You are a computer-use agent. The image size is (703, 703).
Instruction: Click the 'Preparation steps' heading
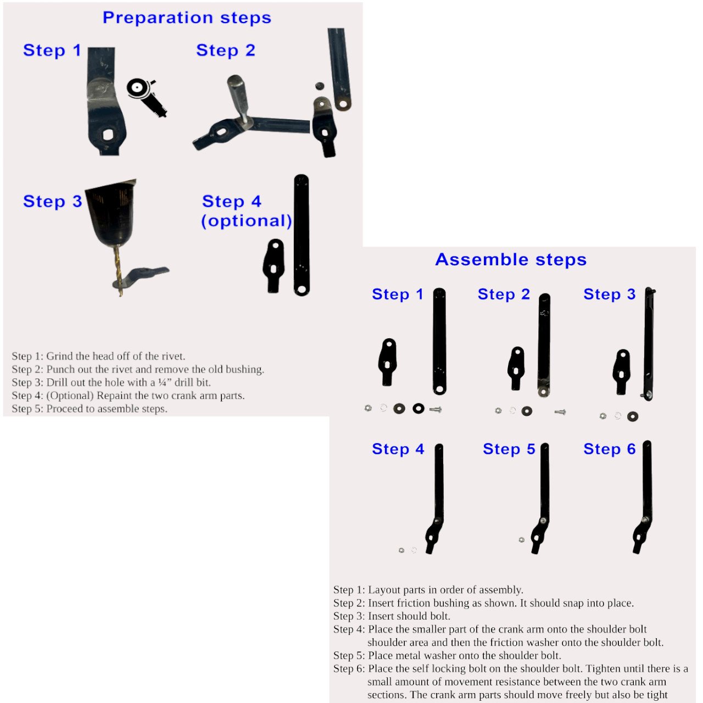(187, 18)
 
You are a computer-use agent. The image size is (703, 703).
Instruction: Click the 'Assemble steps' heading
(511, 259)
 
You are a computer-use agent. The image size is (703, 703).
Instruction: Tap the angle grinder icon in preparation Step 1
(146, 96)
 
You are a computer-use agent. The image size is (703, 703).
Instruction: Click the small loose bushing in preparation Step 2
(318, 86)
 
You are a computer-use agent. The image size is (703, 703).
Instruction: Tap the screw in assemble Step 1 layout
(436, 409)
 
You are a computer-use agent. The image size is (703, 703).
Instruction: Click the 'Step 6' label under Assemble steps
(609, 449)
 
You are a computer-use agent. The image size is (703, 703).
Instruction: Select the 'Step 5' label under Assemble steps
(509, 449)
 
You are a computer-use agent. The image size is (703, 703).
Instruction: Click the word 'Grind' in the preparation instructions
(60, 356)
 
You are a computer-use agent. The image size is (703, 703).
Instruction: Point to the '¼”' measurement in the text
(164, 382)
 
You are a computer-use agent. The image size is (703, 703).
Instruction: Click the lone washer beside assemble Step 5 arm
(521, 540)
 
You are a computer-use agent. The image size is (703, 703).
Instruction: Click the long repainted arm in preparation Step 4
(302, 235)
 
